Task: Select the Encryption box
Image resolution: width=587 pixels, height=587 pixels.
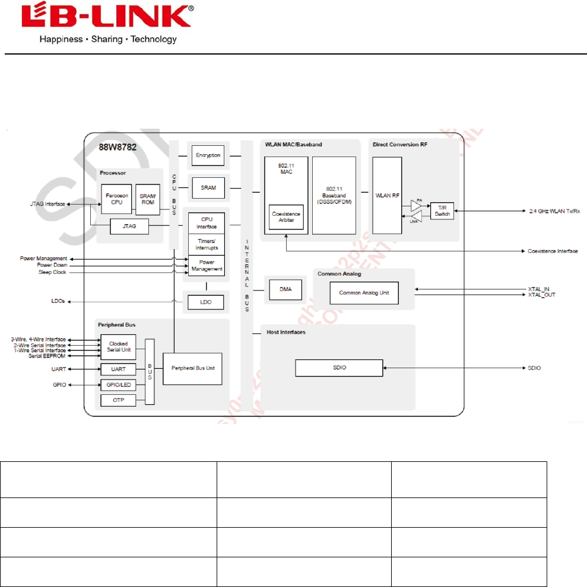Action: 208,156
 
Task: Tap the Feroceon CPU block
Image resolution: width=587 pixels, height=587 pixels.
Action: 116,199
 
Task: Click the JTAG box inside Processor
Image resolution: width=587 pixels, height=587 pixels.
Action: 129,226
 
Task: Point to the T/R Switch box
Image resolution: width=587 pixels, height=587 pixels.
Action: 442,210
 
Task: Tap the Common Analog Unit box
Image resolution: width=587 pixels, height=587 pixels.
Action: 364,293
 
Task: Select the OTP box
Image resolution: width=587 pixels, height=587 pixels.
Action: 118,401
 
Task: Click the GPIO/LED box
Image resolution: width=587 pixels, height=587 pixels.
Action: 118,385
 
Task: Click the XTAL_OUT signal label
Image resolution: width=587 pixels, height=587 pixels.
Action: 541,295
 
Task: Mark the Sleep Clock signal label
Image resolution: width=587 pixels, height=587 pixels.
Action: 52,272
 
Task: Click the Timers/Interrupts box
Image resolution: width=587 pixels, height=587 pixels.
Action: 207,244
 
